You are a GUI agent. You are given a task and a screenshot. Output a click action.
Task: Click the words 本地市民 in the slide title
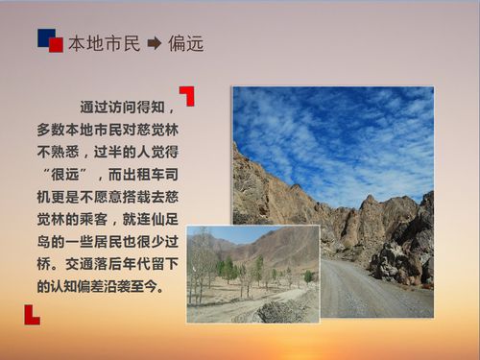click(104, 43)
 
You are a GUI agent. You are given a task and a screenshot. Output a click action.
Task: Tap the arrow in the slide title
click(154, 43)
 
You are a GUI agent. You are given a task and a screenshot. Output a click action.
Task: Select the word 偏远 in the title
click(185, 43)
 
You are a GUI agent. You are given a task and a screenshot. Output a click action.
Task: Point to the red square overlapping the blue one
click(56, 45)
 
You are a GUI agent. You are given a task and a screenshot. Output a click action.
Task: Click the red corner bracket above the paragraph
click(187, 95)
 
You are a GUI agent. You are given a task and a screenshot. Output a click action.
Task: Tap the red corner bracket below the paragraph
click(32, 314)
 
